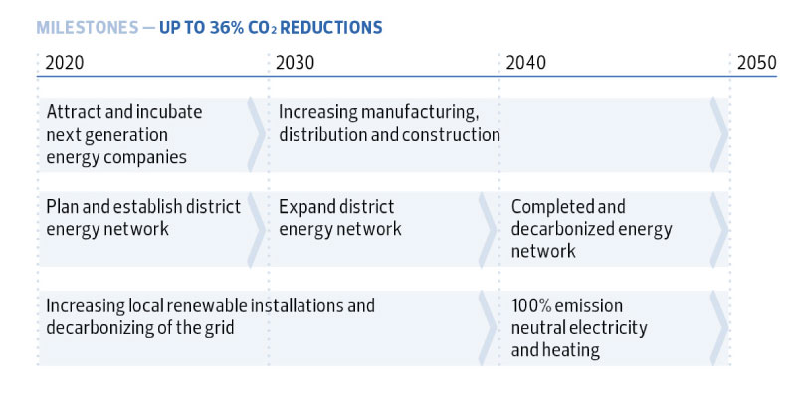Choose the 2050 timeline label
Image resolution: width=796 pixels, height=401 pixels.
coord(756,62)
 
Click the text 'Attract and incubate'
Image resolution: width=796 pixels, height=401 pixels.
coord(124,112)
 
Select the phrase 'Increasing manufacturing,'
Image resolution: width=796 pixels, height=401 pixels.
coord(379,112)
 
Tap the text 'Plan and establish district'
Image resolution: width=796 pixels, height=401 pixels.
coord(143,207)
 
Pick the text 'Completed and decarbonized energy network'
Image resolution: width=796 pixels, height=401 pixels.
coord(591,229)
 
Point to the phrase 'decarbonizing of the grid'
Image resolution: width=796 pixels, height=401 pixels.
coord(140,327)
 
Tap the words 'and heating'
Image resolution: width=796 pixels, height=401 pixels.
coord(555,349)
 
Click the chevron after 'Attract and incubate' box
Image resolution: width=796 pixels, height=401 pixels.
coord(256,134)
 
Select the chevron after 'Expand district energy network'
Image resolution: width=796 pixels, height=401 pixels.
coord(487,229)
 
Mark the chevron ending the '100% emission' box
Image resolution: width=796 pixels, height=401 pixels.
coord(717,328)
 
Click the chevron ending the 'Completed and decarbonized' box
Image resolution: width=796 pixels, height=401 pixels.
coord(717,229)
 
